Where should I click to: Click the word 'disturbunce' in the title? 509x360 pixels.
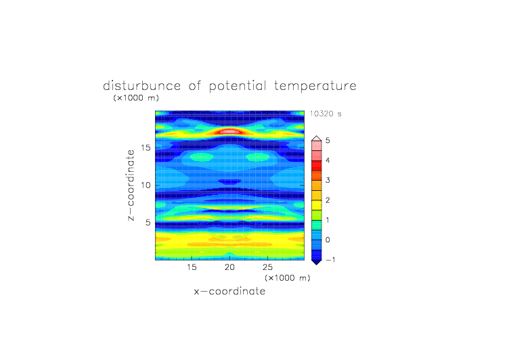141,86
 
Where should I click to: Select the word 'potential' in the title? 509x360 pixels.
238,87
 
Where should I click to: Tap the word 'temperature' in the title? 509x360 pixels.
315,87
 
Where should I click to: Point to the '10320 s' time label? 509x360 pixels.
326,114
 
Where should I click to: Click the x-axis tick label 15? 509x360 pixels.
192,267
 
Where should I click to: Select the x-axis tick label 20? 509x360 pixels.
229,267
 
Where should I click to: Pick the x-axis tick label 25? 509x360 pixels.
267,267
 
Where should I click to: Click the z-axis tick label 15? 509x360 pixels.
146,148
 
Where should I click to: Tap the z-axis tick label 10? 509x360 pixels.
146,185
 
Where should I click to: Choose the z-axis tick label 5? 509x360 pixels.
148,223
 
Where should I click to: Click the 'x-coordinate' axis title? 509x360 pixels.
229,291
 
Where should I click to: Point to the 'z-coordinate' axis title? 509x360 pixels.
131,185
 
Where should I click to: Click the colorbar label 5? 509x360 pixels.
328,141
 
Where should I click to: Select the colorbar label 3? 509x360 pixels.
328,180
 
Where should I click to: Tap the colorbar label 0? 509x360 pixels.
328,240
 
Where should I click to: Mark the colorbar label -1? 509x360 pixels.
330,260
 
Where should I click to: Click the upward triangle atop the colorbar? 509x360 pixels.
317,139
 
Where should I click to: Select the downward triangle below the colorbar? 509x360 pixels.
317,262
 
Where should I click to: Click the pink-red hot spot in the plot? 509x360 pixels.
229,131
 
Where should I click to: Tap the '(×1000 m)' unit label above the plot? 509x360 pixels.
136,97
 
